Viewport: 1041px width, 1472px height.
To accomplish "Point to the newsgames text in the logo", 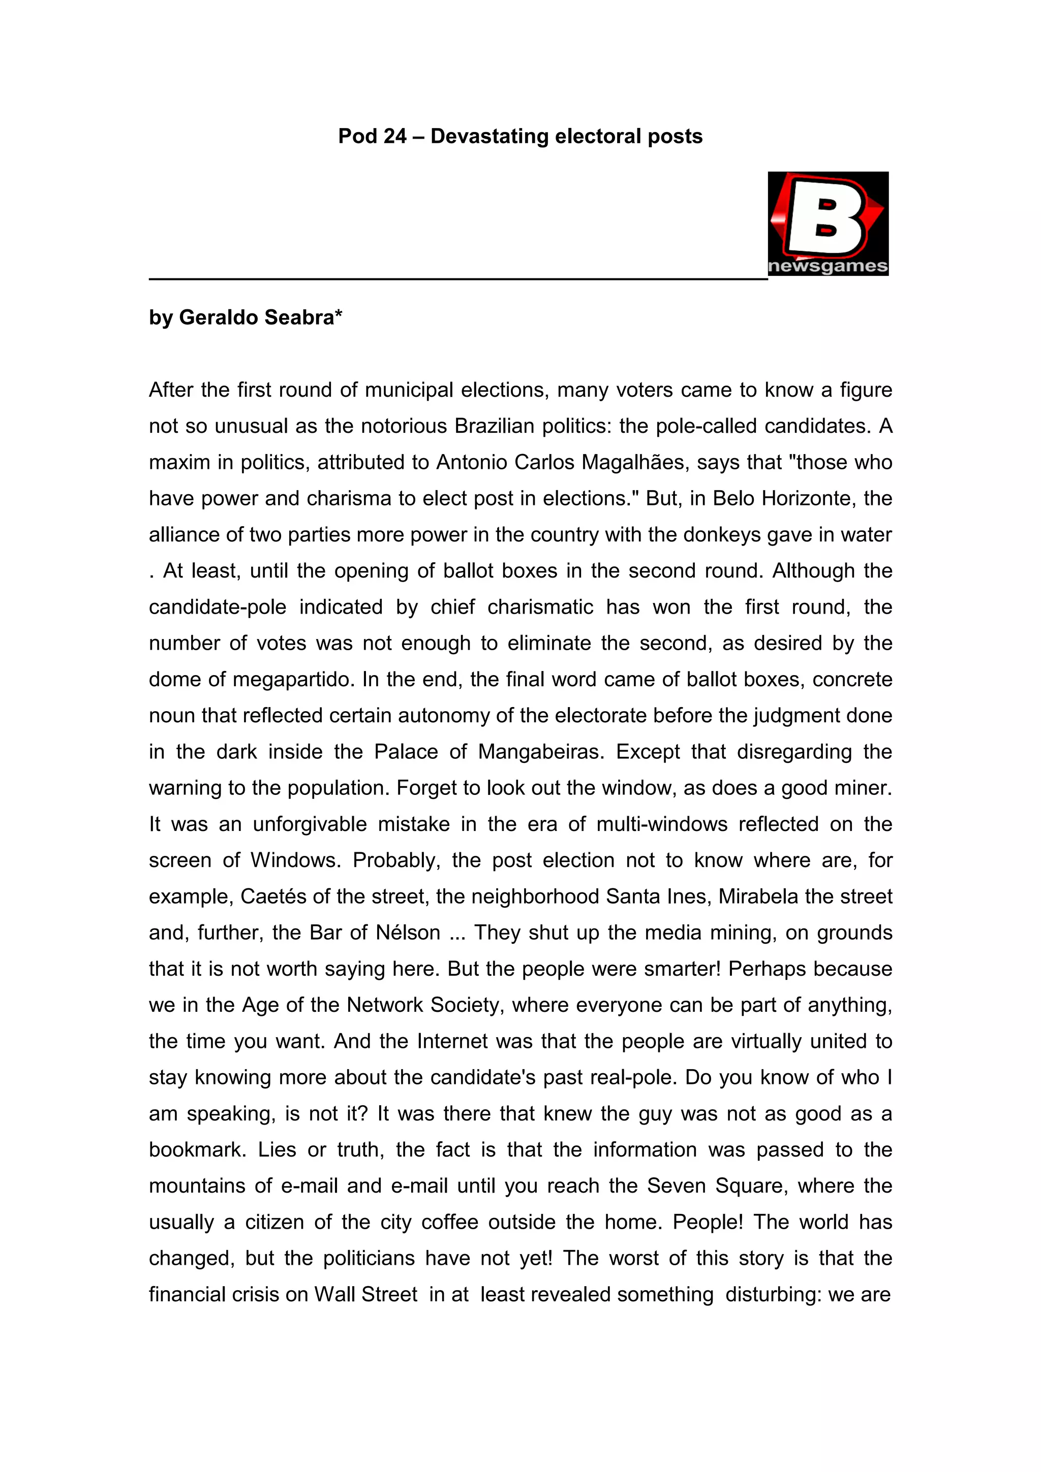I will tap(828, 266).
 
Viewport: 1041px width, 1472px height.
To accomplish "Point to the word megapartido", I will tap(293, 680).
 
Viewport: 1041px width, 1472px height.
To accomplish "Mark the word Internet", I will tap(453, 1041).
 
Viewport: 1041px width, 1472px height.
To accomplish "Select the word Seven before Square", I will tap(676, 1186).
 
